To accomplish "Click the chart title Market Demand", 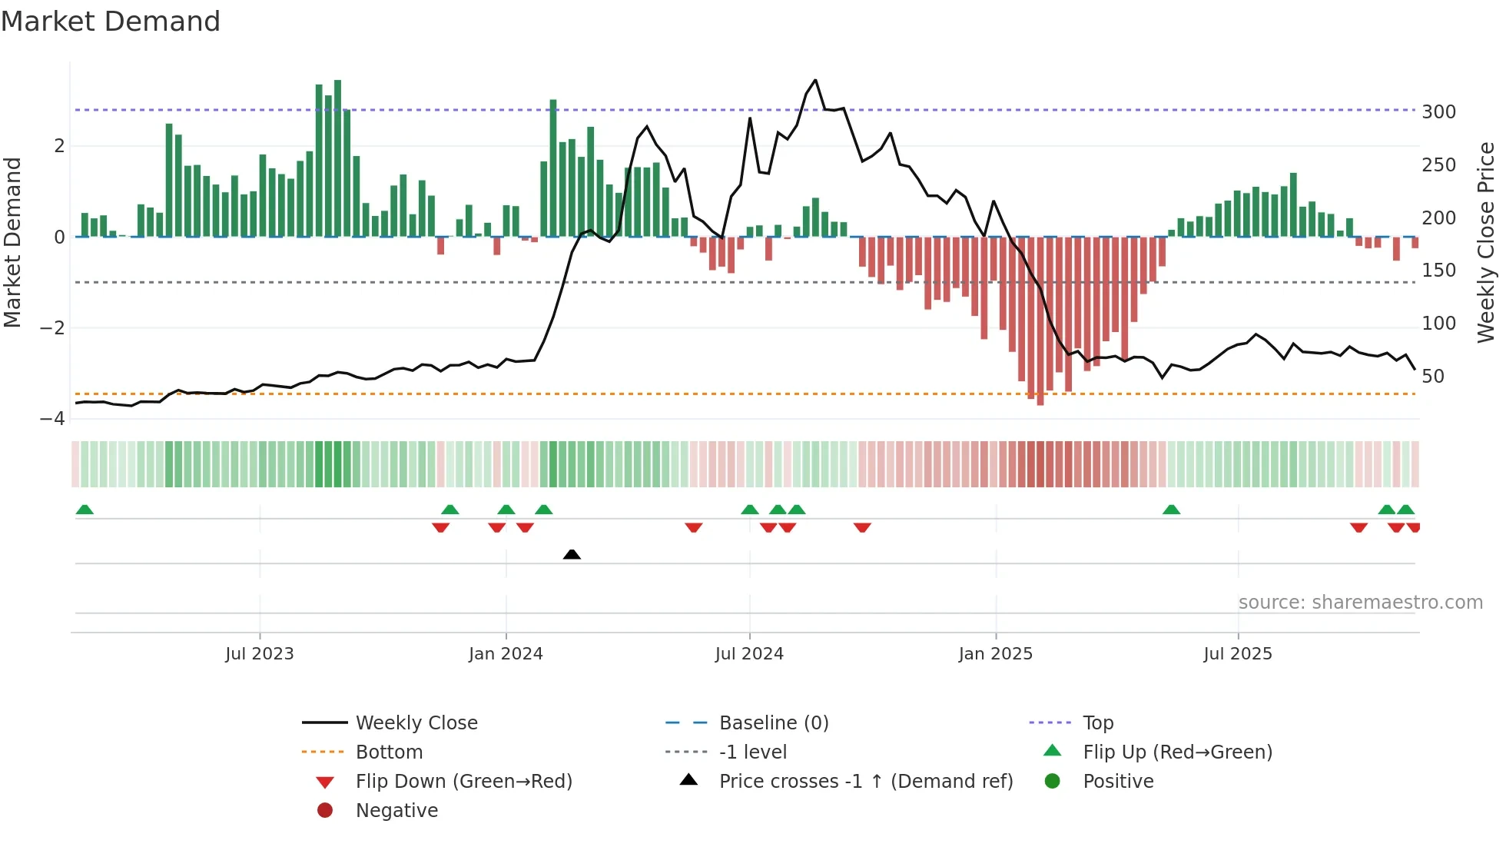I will [111, 21].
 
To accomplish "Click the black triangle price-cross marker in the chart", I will [572, 554].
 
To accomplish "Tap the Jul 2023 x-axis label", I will [260, 654].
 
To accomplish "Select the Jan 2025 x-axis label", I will [996, 654].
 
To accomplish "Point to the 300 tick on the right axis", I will [1438, 112].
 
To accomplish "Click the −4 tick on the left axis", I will [53, 419].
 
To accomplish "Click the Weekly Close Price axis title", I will [1486, 242].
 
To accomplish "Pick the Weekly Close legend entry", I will [416, 723].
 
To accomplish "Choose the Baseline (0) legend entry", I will [773, 723].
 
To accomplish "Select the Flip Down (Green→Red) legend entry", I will [463, 782].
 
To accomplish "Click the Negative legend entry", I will [396, 811].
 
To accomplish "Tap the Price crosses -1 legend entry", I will [865, 782].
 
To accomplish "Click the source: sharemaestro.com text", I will [1360, 603].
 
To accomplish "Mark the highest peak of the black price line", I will [815, 80].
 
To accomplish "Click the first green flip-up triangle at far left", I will [85, 510].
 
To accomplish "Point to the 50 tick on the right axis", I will [1433, 377].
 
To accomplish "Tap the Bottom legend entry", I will [389, 752].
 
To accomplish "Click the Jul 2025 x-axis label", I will [1237, 654].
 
